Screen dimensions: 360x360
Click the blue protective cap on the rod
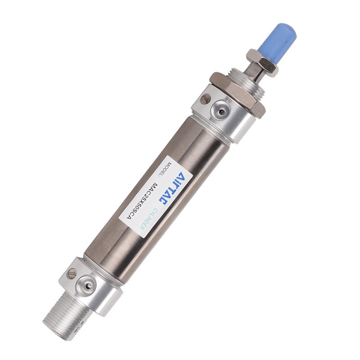coord(282,38)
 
